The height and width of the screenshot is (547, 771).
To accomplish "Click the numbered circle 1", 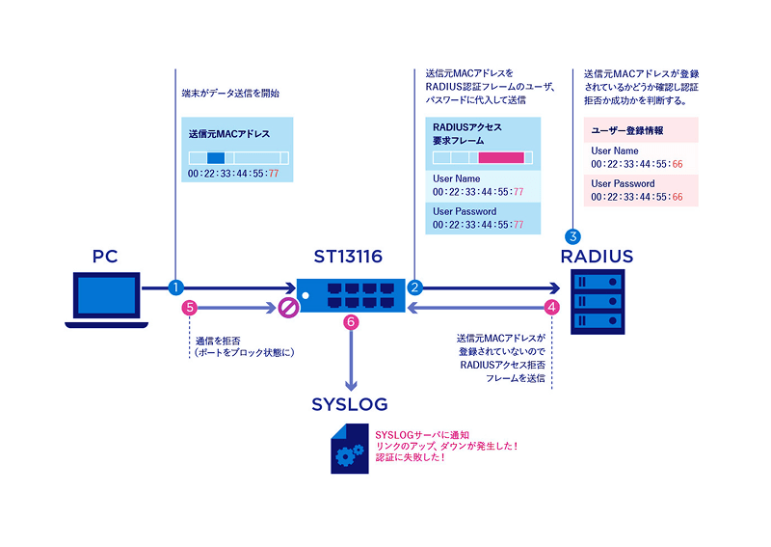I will (x=175, y=287).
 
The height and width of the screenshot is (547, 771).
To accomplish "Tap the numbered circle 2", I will (x=415, y=287).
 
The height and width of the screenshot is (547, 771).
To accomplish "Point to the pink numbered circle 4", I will (x=551, y=309).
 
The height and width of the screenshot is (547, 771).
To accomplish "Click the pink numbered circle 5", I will (x=189, y=309).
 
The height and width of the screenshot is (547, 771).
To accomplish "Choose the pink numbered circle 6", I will (x=351, y=322).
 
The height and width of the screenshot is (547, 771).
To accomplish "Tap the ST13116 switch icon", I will (x=351, y=292).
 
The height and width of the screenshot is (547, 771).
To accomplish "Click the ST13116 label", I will (x=348, y=257).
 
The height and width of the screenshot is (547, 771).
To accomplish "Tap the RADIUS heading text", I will (x=598, y=257).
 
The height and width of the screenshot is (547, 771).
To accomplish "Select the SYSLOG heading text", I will (x=347, y=402).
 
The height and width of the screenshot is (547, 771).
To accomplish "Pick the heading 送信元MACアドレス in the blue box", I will (x=229, y=134).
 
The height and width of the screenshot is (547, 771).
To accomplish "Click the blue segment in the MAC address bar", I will (x=215, y=157).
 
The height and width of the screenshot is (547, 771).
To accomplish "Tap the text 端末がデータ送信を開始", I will (x=230, y=95).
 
